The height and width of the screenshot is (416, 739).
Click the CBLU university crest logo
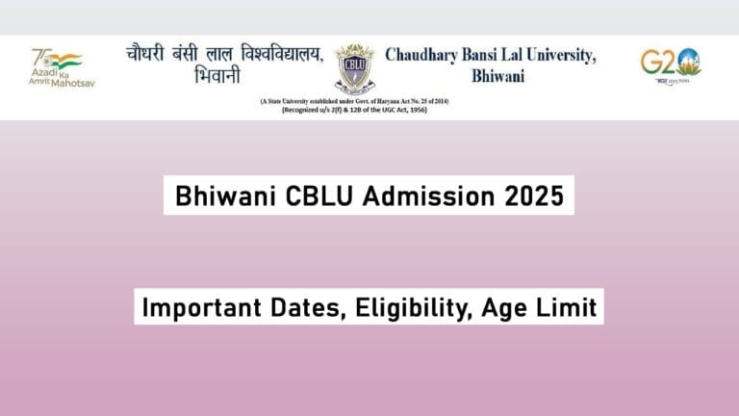(x=354, y=68)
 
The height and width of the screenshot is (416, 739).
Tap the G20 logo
(x=670, y=65)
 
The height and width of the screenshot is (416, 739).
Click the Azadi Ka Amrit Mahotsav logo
(x=57, y=67)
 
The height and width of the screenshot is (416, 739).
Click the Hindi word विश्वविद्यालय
(x=270, y=54)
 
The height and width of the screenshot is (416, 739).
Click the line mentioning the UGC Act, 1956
(x=353, y=110)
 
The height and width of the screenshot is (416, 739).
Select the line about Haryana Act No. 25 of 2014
(x=353, y=100)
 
